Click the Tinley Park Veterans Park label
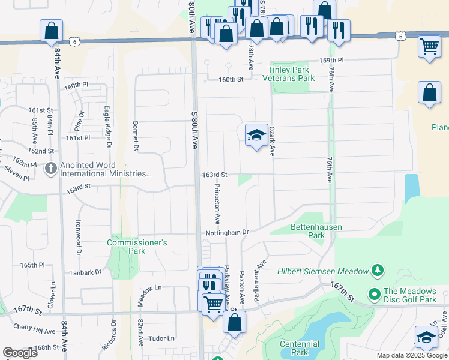pyautogui.click(x=291, y=74)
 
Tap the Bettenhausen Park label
pyautogui.click(x=307, y=232)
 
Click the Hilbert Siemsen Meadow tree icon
pyautogui.click(x=377, y=271)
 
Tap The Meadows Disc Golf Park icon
pyautogui.click(x=373, y=295)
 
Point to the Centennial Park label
pyautogui.click(x=300, y=348)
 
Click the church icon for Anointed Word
pyautogui.click(x=51, y=169)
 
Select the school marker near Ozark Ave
pyautogui.click(x=256, y=136)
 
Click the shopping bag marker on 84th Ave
pyautogui.click(x=52, y=31)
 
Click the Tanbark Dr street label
pyautogui.click(x=84, y=272)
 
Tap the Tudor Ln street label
pyautogui.click(x=161, y=338)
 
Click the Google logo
pyautogui.click(x=20, y=353)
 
